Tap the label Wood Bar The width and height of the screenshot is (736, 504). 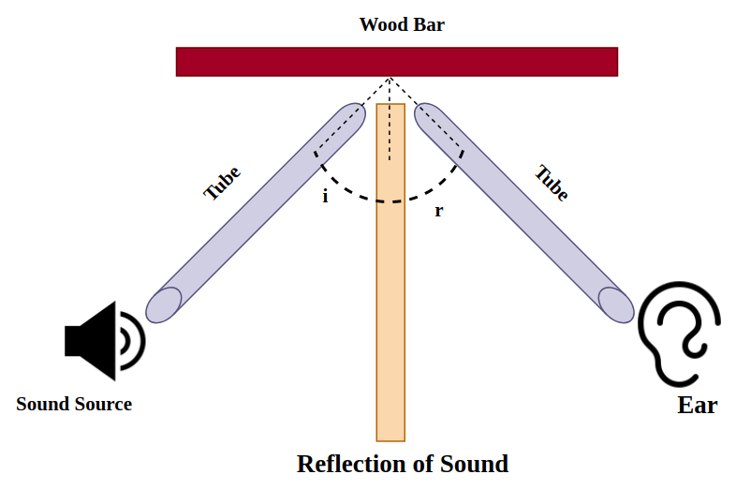[x=402, y=24]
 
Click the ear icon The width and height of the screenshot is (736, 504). [x=679, y=333]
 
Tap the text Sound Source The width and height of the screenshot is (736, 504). [x=74, y=405]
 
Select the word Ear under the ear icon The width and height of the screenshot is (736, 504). [x=697, y=406]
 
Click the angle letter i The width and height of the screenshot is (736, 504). [x=325, y=198]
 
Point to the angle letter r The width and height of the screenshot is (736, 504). [x=438, y=211]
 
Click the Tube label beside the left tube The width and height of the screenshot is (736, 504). [x=222, y=184]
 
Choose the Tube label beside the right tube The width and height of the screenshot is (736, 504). [x=552, y=184]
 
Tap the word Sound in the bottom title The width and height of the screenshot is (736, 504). [x=476, y=464]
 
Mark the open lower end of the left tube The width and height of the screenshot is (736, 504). [x=164, y=305]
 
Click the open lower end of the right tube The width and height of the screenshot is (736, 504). [x=615, y=304]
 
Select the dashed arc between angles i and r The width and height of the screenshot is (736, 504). [x=390, y=200]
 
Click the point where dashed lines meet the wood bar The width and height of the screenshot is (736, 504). [x=390, y=77]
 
